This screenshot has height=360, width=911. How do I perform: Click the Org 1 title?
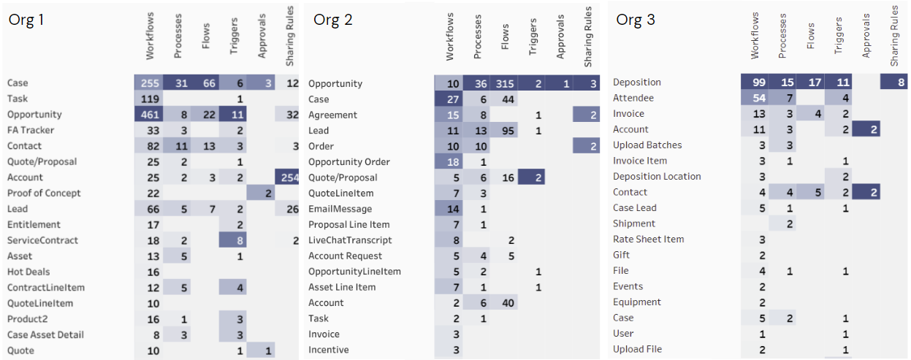[x=26, y=20]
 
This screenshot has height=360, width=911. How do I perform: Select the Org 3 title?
[x=635, y=20]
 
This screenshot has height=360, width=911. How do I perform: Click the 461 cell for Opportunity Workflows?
[x=148, y=115]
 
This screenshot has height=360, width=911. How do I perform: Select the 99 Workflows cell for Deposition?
[x=755, y=83]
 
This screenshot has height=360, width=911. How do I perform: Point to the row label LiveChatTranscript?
[x=350, y=240]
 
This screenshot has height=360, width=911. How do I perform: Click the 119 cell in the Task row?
[x=148, y=99]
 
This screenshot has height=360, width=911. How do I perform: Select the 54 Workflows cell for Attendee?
[x=755, y=98]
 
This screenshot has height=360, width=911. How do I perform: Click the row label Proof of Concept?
[x=44, y=194]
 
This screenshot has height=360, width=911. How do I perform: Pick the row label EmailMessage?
[x=340, y=209]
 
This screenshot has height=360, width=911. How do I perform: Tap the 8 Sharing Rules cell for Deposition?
[x=895, y=83]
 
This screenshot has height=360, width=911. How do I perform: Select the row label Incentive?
[x=328, y=350]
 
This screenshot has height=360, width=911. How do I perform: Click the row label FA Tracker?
[x=31, y=131]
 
